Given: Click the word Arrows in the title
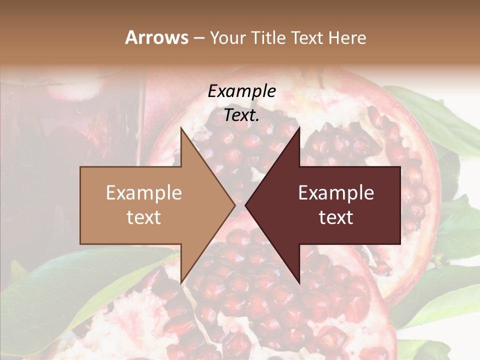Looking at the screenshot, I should pyautogui.click(x=157, y=37).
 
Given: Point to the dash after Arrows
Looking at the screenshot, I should pyautogui.click(x=198, y=38).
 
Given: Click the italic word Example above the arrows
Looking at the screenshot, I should pyautogui.click(x=242, y=91).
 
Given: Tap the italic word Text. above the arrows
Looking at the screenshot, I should pyautogui.click(x=242, y=115).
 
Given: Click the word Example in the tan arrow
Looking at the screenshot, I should pyautogui.click(x=144, y=192).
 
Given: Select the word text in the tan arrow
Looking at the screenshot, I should pyautogui.click(x=144, y=217).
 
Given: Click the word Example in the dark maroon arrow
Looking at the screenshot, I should pyautogui.click(x=336, y=192).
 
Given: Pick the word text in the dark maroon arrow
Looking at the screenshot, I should pyautogui.click(x=336, y=217).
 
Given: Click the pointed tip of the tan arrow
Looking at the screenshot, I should pyautogui.click(x=235, y=205).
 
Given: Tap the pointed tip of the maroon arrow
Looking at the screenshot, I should pyautogui.click(x=245, y=205).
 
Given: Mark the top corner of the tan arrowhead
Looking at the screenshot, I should pyautogui.click(x=181, y=127).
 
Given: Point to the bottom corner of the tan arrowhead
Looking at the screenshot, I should pyautogui.click(x=181, y=283).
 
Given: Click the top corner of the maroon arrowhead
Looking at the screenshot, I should pyautogui.click(x=299, y=127).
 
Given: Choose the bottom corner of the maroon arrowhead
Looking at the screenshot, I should pyautogui.click(x=299, y=283).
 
